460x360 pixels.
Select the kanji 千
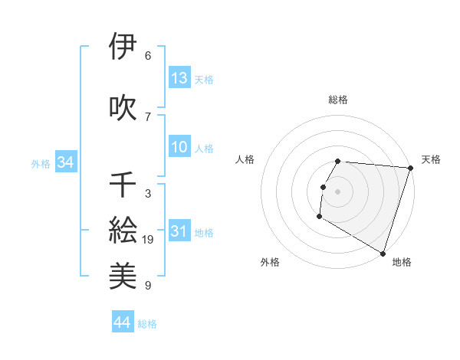click(123, 185)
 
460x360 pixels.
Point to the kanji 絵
click(123, 229)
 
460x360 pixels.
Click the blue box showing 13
click(179, 78)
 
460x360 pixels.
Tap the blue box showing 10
click(179, 148)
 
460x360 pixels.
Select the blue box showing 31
click(179, 232)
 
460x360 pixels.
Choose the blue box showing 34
click(65, 162)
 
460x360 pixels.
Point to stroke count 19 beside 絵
click(149, 240)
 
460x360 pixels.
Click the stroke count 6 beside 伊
click(148, 56)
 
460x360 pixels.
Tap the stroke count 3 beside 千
click(148, 194)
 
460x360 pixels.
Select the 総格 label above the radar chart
click(338, 100)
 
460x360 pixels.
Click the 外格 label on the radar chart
click(270, 262)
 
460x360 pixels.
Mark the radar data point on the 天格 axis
click(410, 168)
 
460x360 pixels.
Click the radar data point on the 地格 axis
click(382, 253)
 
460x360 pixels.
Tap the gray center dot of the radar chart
click(337, 191)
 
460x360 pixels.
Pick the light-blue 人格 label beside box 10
click(204, 149)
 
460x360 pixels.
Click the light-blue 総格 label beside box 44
click(147, 324)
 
